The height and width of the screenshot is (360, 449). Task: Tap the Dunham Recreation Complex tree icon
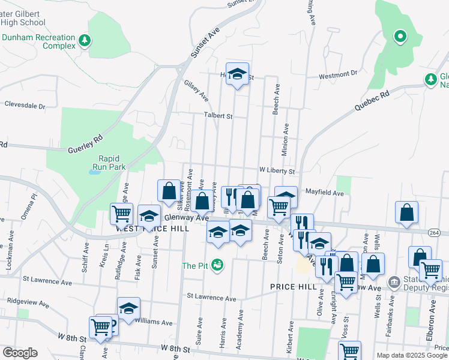pos(85,40)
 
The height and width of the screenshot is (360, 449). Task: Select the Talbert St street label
pos(218,116)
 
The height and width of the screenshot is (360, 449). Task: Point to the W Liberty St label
pos(277,171)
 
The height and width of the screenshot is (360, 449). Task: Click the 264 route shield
pos(435,232)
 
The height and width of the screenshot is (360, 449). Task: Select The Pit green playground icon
pos(218,265)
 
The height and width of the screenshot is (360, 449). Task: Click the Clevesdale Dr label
pos(25,105)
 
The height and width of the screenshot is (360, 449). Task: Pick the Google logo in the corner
pos(20,353)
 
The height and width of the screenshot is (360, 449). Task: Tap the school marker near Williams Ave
pos(128,308)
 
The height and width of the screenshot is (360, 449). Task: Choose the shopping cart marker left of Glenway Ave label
pos(121,212)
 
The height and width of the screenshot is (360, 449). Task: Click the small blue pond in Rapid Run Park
pos(94,172)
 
